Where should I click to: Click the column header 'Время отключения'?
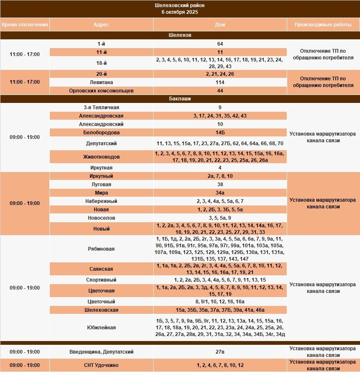(24, 25)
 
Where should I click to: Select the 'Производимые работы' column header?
(323, 25)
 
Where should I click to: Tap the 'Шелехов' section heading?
(180, 35)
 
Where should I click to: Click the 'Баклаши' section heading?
(180, 99)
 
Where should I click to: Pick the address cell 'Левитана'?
(101, 82)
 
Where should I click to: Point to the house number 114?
(220, 82)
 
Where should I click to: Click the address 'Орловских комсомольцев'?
(101, 91)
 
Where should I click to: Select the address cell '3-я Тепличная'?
(101, 108)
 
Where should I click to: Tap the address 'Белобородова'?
(101, 133)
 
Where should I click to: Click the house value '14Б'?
(220, 133)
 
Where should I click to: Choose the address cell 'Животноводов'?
(101, 157)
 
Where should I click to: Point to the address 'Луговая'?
(101, 185)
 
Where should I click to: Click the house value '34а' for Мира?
(220, 193)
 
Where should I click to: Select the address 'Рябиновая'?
(101, 249)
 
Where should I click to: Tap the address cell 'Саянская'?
(101, 269)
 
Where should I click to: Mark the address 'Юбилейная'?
(101, 328)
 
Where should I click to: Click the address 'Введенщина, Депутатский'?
(101, 352)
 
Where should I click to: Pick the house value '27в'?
(220, 352)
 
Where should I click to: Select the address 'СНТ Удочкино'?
(101, 365)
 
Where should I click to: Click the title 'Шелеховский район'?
(180, 5)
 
